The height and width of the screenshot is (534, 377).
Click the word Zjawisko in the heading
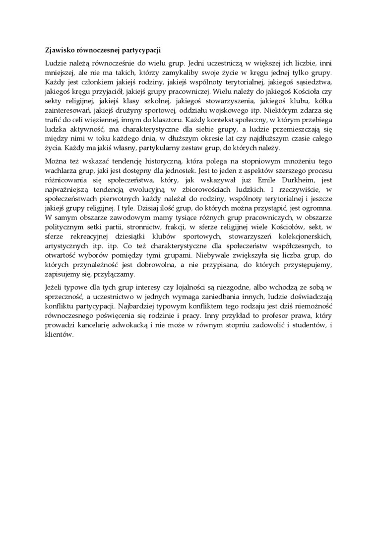point(55,50)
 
